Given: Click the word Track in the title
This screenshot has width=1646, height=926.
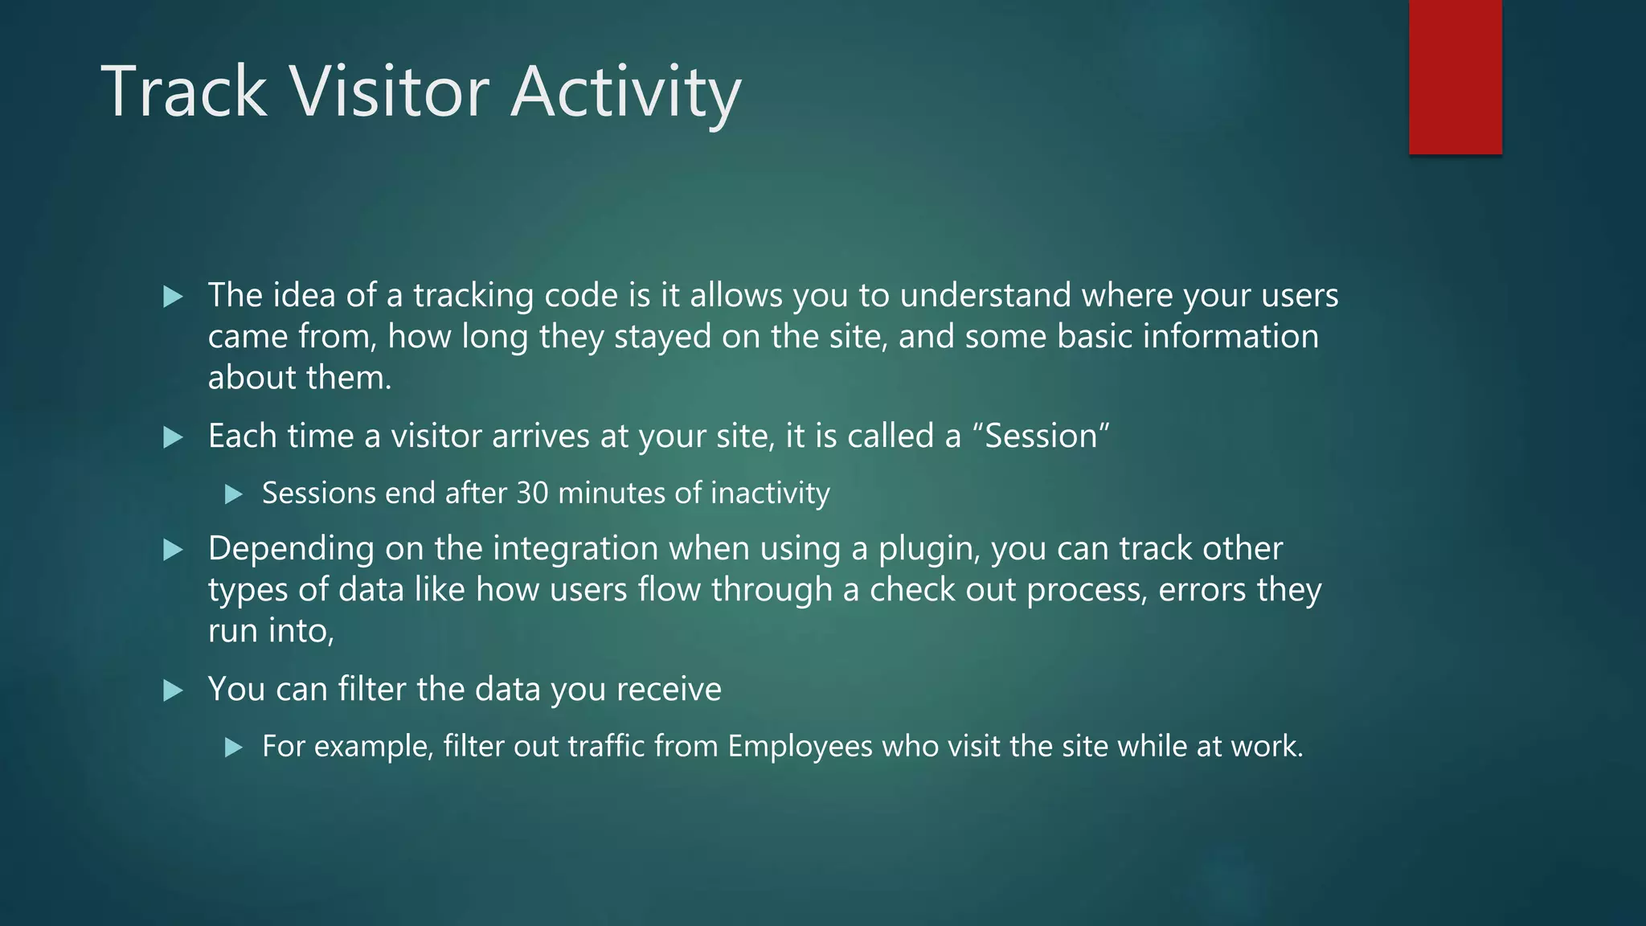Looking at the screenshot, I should click(184, 92).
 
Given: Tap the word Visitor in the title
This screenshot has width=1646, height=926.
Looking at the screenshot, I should click(389, 92).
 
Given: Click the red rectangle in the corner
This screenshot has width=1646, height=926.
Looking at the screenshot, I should click(1455, 76).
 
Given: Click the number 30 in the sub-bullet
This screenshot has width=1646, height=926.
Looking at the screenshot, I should click(531, 493).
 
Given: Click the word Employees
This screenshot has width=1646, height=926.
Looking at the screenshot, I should click(800, 747).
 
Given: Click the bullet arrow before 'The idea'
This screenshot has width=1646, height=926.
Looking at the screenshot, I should click(173, 297).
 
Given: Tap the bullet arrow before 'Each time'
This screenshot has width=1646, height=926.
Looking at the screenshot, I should click(173, 438).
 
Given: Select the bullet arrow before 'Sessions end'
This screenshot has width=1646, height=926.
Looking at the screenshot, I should click(233, 494).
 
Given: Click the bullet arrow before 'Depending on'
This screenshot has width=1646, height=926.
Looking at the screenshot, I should click(173, 551).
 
